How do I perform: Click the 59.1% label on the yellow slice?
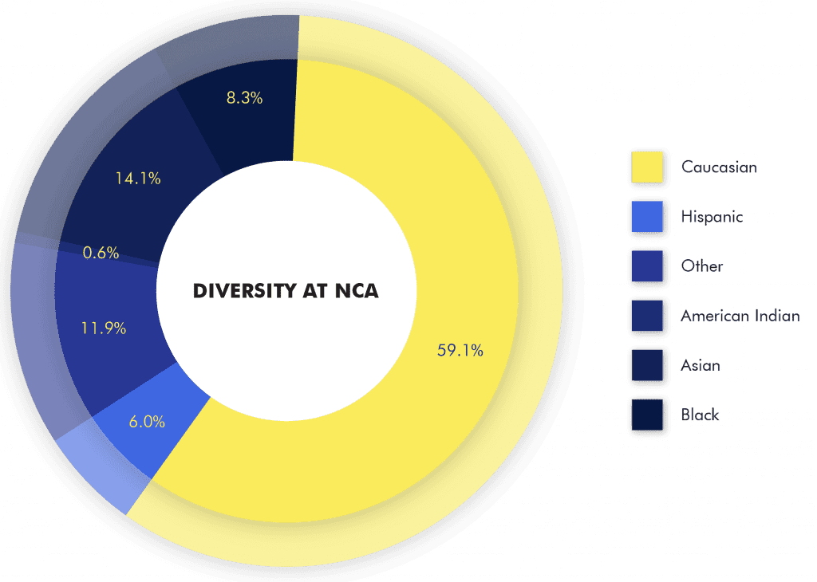point(460,349)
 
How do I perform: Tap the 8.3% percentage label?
point(244,99)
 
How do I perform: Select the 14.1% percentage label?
point(138,179)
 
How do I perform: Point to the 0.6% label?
point(101,254)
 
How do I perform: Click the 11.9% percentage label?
point(104,328)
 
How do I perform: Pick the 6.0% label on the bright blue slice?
point(147,422)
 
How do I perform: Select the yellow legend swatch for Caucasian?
point(647,168)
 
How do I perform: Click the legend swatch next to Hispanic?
point(647,218)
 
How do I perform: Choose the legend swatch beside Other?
point(647,267)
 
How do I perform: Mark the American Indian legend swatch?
point(647,317)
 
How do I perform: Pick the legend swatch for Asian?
point(647,366)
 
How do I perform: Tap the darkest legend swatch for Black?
point(647,415)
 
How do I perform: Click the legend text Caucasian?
point(718,167)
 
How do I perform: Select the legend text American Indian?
point(740,316)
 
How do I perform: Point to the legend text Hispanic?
point(711,217)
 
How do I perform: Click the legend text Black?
point(700,415)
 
